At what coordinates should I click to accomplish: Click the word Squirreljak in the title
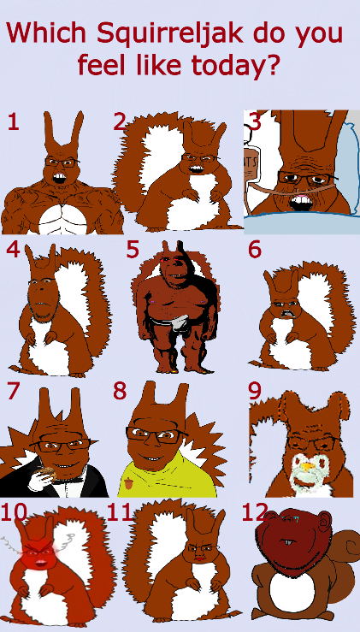(170, 34)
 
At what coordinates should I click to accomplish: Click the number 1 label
(13, 121)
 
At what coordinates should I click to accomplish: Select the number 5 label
(133, 250)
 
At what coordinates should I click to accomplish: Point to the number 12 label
(255, 512)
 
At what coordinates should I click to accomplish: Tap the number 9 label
(255, 391)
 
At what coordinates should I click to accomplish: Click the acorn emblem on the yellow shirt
(128, 482)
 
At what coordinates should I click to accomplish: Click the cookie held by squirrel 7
(47, 472)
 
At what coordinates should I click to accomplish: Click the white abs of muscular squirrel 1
(63, 218)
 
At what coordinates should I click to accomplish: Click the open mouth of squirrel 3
(302, 203)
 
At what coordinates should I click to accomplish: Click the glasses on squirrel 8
(155, 434)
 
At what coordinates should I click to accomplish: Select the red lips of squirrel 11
(198, 558)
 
